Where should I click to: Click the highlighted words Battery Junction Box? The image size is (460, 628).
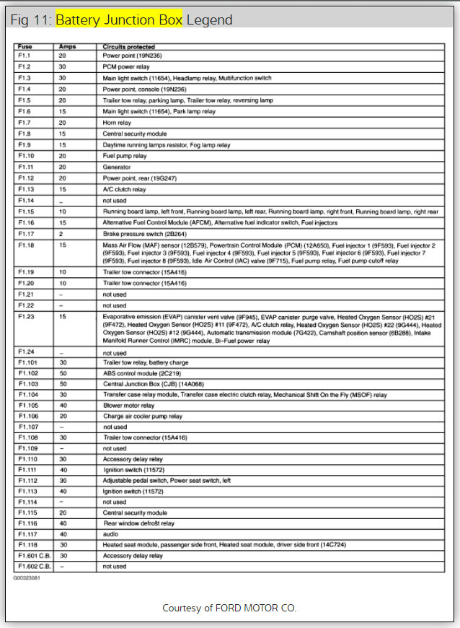click(x=120, y=19)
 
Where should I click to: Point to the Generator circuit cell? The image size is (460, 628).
click(x=117, y=167)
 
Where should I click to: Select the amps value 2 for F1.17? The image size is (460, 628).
click(x=62, y=234)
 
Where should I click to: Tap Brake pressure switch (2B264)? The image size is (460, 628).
click(x=144, y=234)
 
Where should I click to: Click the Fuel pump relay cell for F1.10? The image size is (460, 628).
click(x=124, y=156)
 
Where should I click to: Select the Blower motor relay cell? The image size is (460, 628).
click(x=129, y=406)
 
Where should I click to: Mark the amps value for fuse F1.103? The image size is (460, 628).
click(x=63, y=385)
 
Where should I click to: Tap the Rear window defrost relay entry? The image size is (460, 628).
click(x=139, y=523)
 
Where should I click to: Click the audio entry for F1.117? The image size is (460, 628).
click(x=111, y=534)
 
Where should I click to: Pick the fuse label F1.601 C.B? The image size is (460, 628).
click(x=34, y=556)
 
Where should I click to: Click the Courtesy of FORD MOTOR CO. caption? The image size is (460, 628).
click(x=229, y=608)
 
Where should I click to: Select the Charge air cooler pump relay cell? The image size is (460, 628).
click(x=142, y=417)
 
